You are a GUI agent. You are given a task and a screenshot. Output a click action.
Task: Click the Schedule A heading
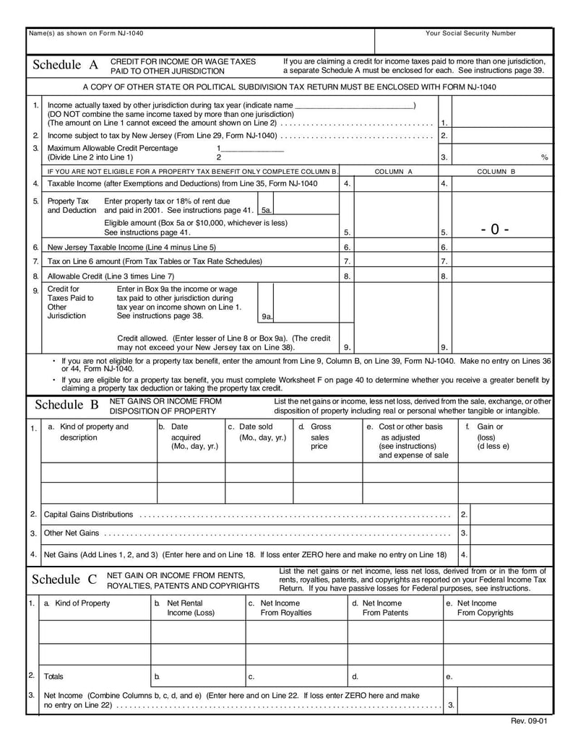65,66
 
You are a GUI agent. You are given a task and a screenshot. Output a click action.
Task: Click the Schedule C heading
64,580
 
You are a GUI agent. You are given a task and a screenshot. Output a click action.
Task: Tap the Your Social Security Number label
470,33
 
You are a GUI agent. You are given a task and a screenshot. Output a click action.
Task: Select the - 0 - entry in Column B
495,230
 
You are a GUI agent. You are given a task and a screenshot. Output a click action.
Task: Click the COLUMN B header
496,172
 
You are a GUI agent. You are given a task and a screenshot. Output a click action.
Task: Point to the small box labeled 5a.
267,210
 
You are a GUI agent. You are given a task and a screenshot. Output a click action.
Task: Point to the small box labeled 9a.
267,316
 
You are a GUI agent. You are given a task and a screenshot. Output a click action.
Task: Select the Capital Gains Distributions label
89,515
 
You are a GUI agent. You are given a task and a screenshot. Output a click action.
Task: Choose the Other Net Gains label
72,533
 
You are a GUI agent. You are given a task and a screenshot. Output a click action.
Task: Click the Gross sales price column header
319,437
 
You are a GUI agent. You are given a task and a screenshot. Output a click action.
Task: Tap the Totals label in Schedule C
53,676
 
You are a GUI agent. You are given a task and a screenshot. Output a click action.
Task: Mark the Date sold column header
257,432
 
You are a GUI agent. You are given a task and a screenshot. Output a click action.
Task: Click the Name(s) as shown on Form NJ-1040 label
81,33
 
